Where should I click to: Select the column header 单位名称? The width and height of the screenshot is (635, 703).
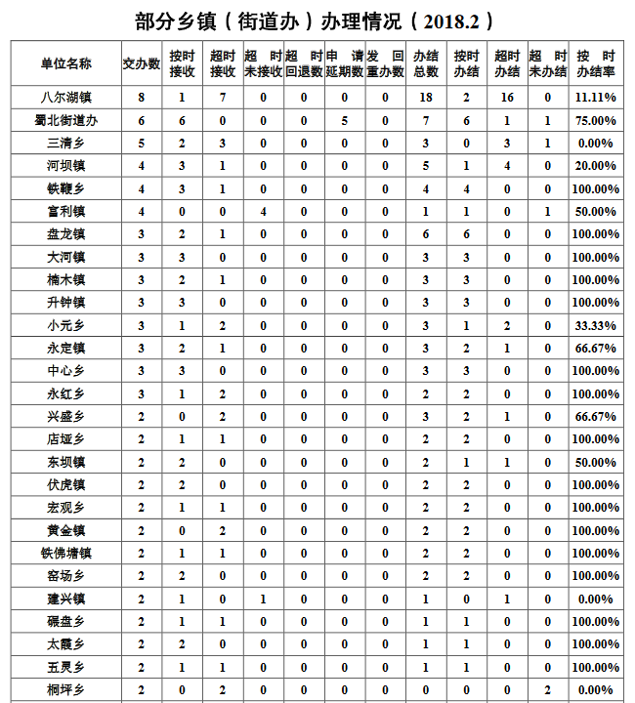click(65, 63)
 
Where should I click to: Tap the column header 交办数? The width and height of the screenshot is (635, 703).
click(141, 63)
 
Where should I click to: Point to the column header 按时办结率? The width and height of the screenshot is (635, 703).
click(595, 63)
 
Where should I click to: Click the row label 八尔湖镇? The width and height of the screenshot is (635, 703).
click(65, 98)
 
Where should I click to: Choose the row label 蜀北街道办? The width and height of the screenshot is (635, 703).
click(65, 120)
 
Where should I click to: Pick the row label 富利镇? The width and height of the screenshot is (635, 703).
click(65, 211)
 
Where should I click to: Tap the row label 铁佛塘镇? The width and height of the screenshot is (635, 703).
click(65, 553)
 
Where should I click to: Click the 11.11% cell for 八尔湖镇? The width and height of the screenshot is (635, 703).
click(595, 98)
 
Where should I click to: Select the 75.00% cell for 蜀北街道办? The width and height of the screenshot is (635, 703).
click(595, 120)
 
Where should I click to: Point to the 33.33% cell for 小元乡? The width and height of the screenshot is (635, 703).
click(595, 325)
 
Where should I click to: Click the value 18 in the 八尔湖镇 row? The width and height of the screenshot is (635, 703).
click(426, 98)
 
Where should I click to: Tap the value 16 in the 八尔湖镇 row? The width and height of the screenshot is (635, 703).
click(507, 98)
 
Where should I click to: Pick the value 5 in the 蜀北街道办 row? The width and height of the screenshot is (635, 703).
click(345, 120)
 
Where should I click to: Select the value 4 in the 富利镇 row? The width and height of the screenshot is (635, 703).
click(264, 211)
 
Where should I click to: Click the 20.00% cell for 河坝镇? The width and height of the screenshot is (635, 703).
click(595, 166)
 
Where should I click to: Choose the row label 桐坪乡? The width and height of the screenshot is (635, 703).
click(65, 689)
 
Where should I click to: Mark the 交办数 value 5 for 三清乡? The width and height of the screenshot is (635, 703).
click(141, 143)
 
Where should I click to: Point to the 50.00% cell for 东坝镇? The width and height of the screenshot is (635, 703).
click(595, 462)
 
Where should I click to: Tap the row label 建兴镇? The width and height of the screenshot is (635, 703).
click(65, 599)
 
